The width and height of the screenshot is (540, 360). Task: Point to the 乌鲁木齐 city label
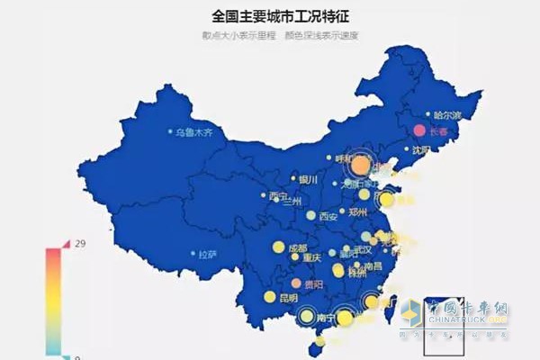pos(197,132)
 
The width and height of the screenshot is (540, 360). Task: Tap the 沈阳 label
pos(421,150)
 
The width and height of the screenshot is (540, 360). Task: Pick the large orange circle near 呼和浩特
pos(360,165)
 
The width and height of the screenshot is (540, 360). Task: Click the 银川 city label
pos(310,179)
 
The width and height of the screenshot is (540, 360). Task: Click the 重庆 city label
pos(311,257)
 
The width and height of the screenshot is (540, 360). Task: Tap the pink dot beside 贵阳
pos(296,283)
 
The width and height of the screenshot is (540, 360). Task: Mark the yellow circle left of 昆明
pos(269,297)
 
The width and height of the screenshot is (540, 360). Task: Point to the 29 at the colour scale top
pos(80,245)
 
